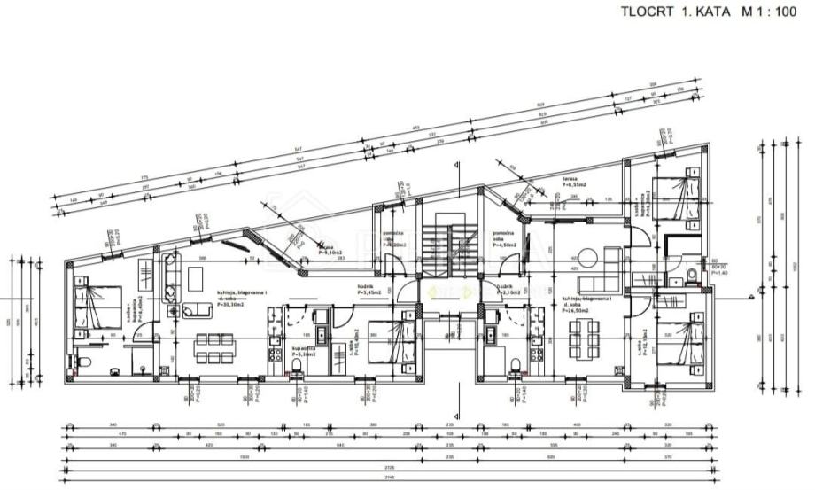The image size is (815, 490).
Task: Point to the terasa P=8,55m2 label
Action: click(571, 184)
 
